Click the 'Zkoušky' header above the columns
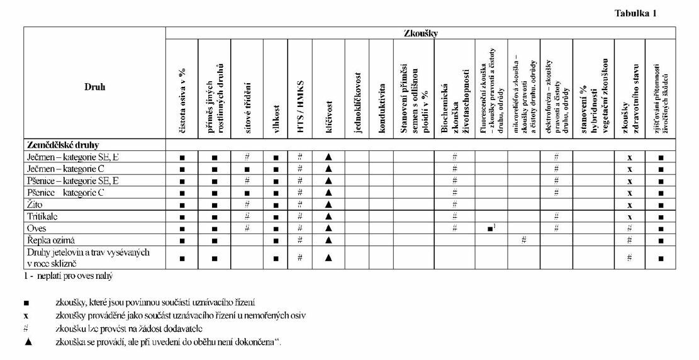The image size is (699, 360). pyautogui.click(x=421, y=33)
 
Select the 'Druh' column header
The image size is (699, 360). pyautogui.click(x=94, y=87)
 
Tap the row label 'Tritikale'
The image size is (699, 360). pyautogui.click(x=43, y=216)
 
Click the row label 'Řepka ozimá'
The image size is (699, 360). pyautogui.click(x=50, y=240)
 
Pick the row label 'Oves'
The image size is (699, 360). pyautogui.click(x=36, y=227)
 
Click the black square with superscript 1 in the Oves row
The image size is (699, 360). pyautogui.click(x=491, y=228)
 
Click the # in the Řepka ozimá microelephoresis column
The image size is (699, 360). pyautogui.click(x=523, y=240)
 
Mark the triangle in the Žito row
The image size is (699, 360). pyautogui.click(x=328, y=205)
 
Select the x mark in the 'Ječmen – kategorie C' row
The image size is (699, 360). pyautogui.click(x=629, y=169)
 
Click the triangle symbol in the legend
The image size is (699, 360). pyautogui.click(x=26, y=342)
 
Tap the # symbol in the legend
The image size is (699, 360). pyautogui.click(x=26, y=329)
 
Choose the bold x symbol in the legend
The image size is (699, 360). pyautogui.click(x=26, y=315)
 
